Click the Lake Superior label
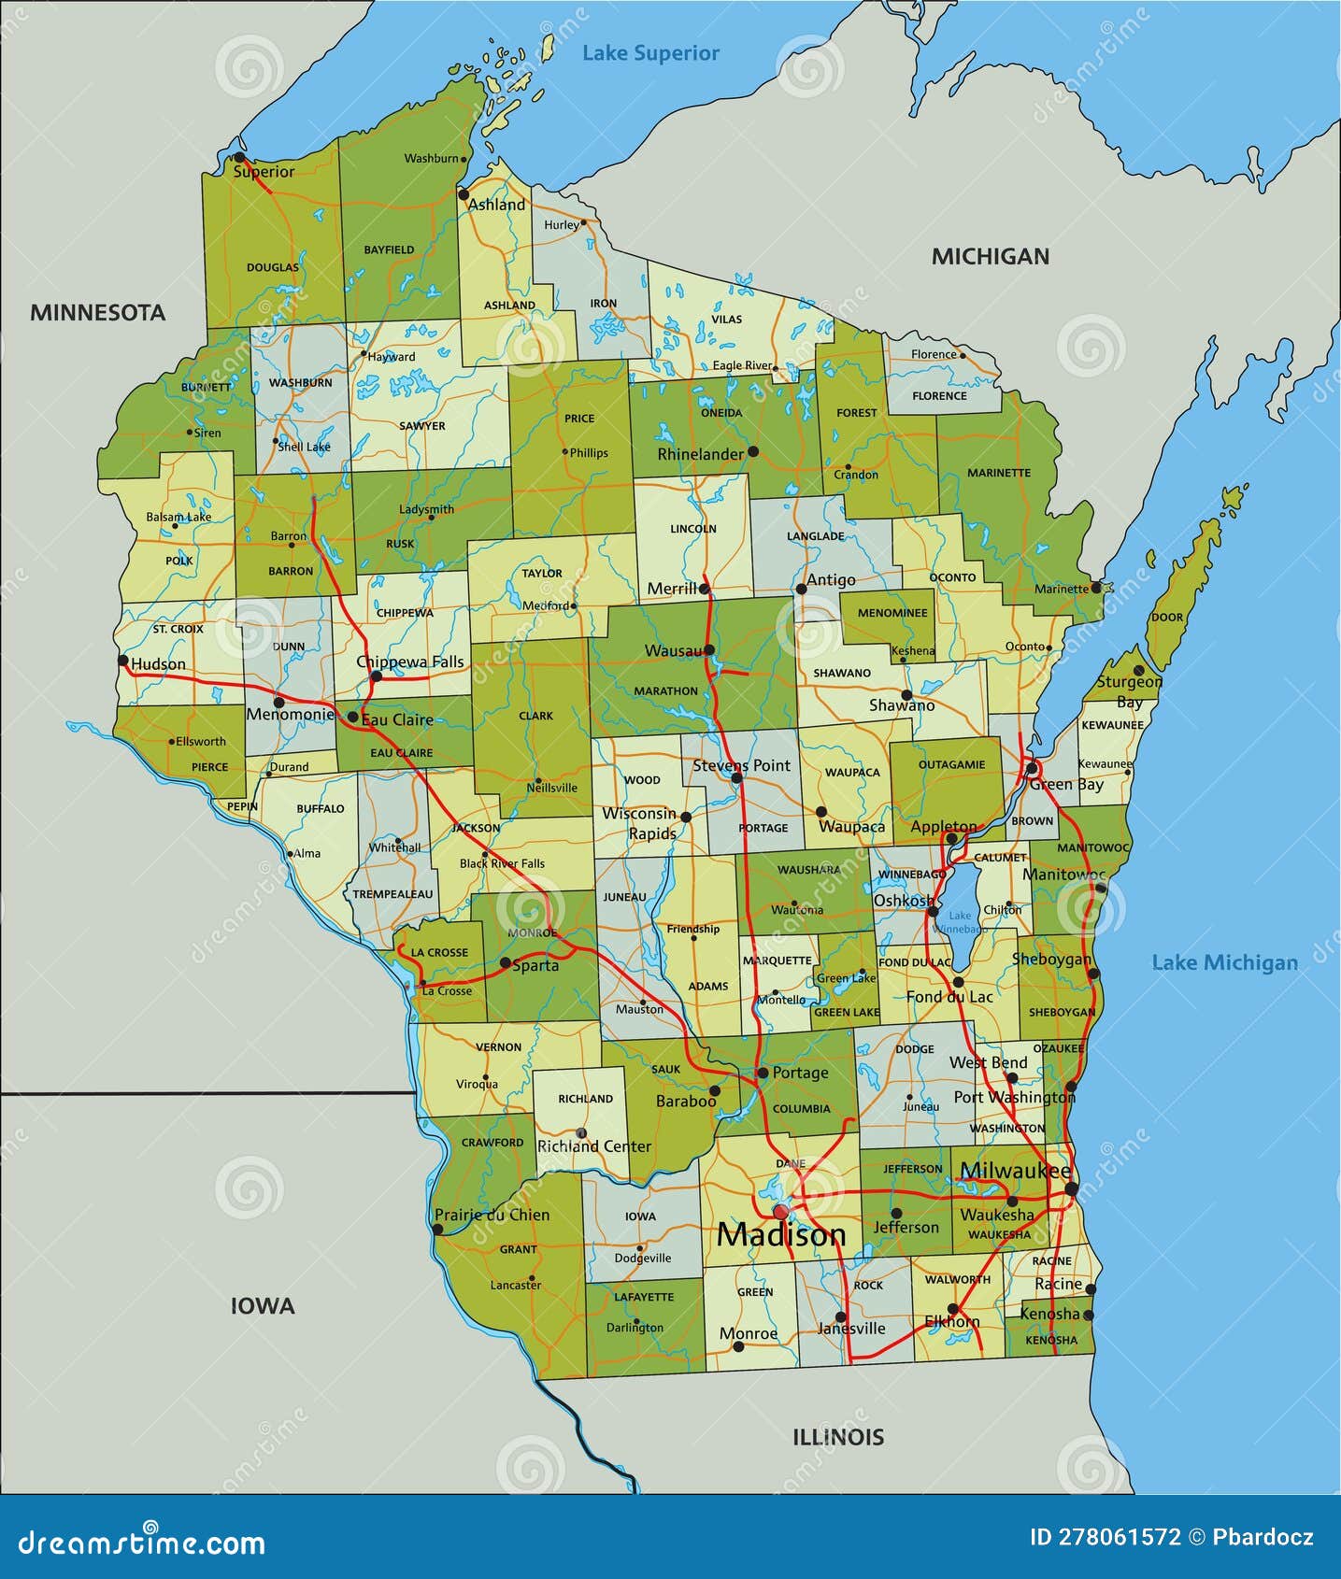coord(650,53)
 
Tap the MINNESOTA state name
coord(97,312)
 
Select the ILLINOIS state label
coord(838,1437)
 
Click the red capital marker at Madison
coord(780,1212)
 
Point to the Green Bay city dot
coord(1033,768)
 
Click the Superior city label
coord(264,172)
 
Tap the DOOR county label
coord(1167,618)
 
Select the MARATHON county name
coord(665,691)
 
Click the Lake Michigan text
coord(1224,962)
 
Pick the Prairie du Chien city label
coord(492,1215)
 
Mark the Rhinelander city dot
coord(753,451)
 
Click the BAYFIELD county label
coord(389,250)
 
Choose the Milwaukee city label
coord(1015,1171)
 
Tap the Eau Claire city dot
coord(352,718)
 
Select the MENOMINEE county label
coord(892,613)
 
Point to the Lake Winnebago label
coord(961,922)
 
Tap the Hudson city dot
coord(122,660)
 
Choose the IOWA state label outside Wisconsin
coord(263,1306)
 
